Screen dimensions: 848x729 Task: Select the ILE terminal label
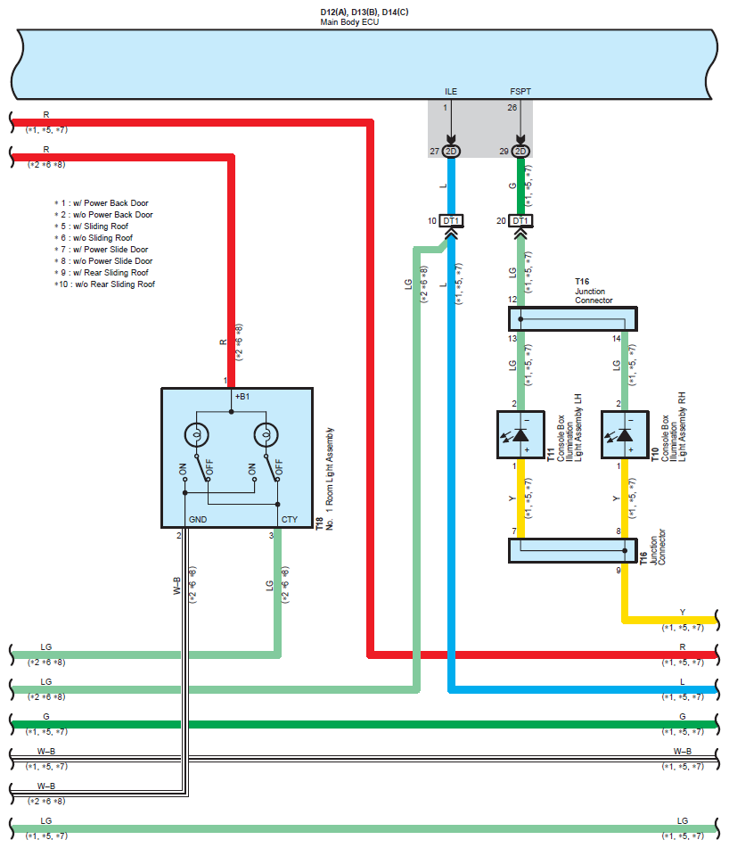pyautogui.click(x=451, y=91)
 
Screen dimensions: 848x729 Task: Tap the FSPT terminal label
pyautogui.click(x=519, y=91)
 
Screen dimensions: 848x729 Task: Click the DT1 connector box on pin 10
pyautogui.click(x=451, y=220)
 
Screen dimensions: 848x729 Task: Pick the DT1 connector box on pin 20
pyautogui.click(x=520, y=220)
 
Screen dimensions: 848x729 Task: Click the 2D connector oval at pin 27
pyautogui.click(x=451, y=152)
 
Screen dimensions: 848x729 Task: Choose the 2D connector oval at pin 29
pyautogui.click(x=520, y=152)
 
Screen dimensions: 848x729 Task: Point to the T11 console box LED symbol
pyautogui.click(x=521, y=435)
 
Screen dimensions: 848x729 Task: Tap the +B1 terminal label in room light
pyautogui.click(x=242, y=396)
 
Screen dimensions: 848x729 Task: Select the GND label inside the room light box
pyautogui.click(x=197, y=519)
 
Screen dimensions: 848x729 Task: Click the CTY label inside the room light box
pyautogui.click(x=290, y=519)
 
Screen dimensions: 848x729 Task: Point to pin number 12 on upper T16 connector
pyautogui.click(x=512, y=300)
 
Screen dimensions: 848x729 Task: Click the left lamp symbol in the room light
pyautogui.click(x=196, y=435)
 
